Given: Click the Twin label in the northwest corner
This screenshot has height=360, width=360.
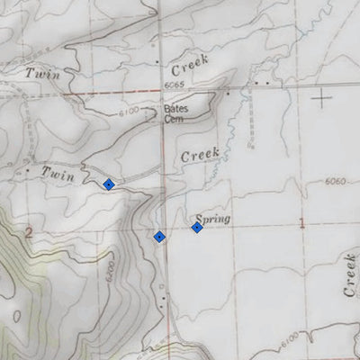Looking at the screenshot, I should [42, 74].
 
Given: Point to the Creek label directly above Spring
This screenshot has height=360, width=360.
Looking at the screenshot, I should [201, 156].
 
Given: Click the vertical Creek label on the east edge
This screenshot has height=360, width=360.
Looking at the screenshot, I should [349, 275].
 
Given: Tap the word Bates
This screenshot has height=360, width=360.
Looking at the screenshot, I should [175, 109].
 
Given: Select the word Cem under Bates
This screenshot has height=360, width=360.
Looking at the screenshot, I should [174, 118].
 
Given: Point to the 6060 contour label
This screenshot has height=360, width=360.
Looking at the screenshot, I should [335, 183].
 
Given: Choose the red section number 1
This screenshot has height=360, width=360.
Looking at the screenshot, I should [301, 221].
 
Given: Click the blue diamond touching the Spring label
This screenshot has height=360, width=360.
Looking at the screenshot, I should [196, 227].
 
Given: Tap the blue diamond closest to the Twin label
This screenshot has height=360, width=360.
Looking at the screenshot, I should [109, 184].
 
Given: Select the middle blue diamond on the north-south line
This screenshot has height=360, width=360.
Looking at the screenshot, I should [159, 237].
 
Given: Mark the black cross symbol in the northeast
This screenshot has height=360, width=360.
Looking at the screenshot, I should [322, 96].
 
